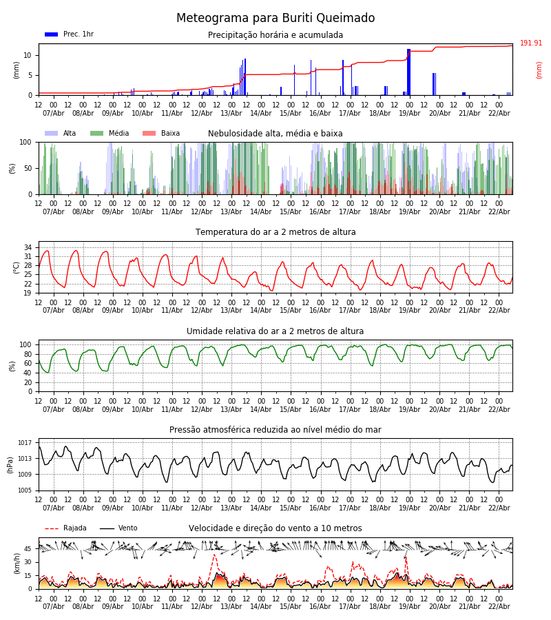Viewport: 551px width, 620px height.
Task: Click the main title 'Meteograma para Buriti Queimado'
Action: tap(275, 19)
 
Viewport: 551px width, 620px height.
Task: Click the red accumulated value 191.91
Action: tap(530, 43)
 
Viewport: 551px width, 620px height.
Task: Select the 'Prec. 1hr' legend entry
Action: tap(69, 34)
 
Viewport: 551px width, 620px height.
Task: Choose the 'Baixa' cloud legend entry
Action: tap(161, 134)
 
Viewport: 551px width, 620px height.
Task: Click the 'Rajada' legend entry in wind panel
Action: tap(66, 528)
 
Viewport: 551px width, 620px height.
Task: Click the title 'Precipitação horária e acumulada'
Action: tap(275, 35)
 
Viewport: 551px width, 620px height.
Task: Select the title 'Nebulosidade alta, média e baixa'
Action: tap(275, 134)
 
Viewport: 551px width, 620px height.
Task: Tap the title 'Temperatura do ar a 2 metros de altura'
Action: tap(275, 232)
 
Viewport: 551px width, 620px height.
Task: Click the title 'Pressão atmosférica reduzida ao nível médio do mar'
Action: tap(275, 430)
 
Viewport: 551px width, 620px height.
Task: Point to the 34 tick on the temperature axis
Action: tap(28, 247)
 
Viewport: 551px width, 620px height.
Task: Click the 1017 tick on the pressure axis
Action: tap(25, 443)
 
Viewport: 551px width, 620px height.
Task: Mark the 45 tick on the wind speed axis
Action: tap(28, 549)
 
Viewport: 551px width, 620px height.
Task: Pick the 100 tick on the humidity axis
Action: tap(25, 344)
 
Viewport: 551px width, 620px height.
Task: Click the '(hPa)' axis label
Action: tap(11, 465)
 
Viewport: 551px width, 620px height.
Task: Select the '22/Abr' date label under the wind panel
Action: tap(499, 607)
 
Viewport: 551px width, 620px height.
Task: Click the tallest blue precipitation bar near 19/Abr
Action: tap(408, 72)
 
